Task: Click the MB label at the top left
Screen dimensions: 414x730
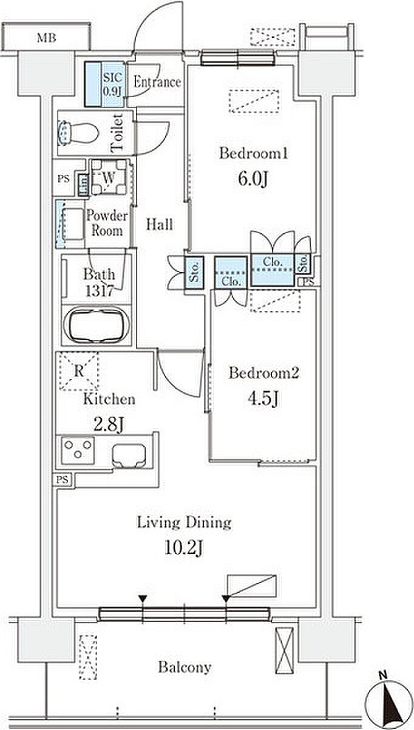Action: coord(47,38)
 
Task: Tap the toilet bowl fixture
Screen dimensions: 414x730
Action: coord(78,134)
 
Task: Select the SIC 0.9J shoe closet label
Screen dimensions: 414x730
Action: coord(113,84)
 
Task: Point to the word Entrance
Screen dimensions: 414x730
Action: coord(157,82)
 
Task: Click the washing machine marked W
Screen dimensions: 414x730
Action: coord(109,177)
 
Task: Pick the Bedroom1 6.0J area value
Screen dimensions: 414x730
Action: coord(253,179)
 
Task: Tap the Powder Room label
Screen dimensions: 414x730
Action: coord(107,223)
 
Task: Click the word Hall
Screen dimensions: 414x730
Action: coord(159,225)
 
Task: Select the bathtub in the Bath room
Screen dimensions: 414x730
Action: coord(97,325)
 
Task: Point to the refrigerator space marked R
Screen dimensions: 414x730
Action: coord(79,371)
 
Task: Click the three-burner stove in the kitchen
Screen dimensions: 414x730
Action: coord(78,450)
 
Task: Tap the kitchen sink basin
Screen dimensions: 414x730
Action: coord(129,456)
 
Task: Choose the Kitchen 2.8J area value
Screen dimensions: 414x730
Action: coord(109,425)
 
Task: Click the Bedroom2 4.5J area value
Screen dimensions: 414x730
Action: coord(263,398)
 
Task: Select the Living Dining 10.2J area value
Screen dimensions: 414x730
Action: coord(184,548)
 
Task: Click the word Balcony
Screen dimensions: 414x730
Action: coord(185,667)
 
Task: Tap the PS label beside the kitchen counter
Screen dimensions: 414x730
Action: coord(63,480)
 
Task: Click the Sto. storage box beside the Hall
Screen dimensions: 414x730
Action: coord(194,273)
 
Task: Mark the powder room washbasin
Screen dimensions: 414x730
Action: coord(70,224)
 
